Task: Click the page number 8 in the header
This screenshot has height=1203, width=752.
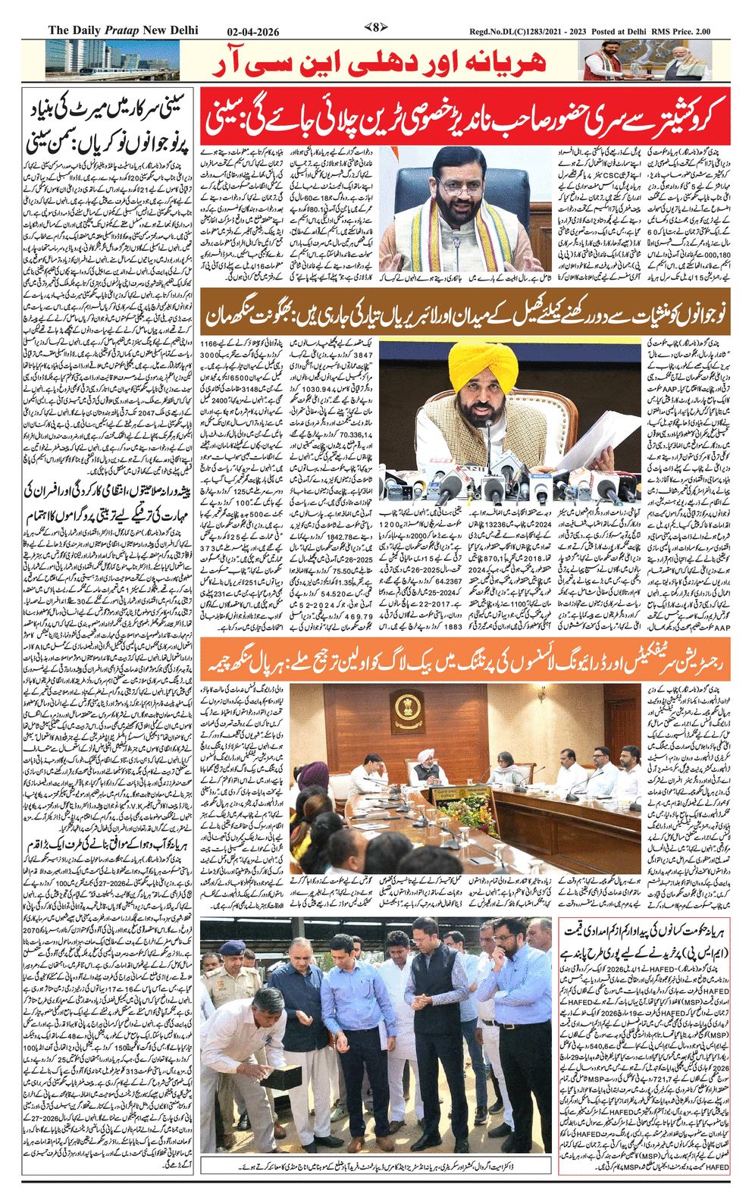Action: [x=376, y=29]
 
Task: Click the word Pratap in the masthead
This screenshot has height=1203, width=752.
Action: [x=127, y=30]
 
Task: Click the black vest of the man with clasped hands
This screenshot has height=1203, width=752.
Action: [x=437, y=1008]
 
